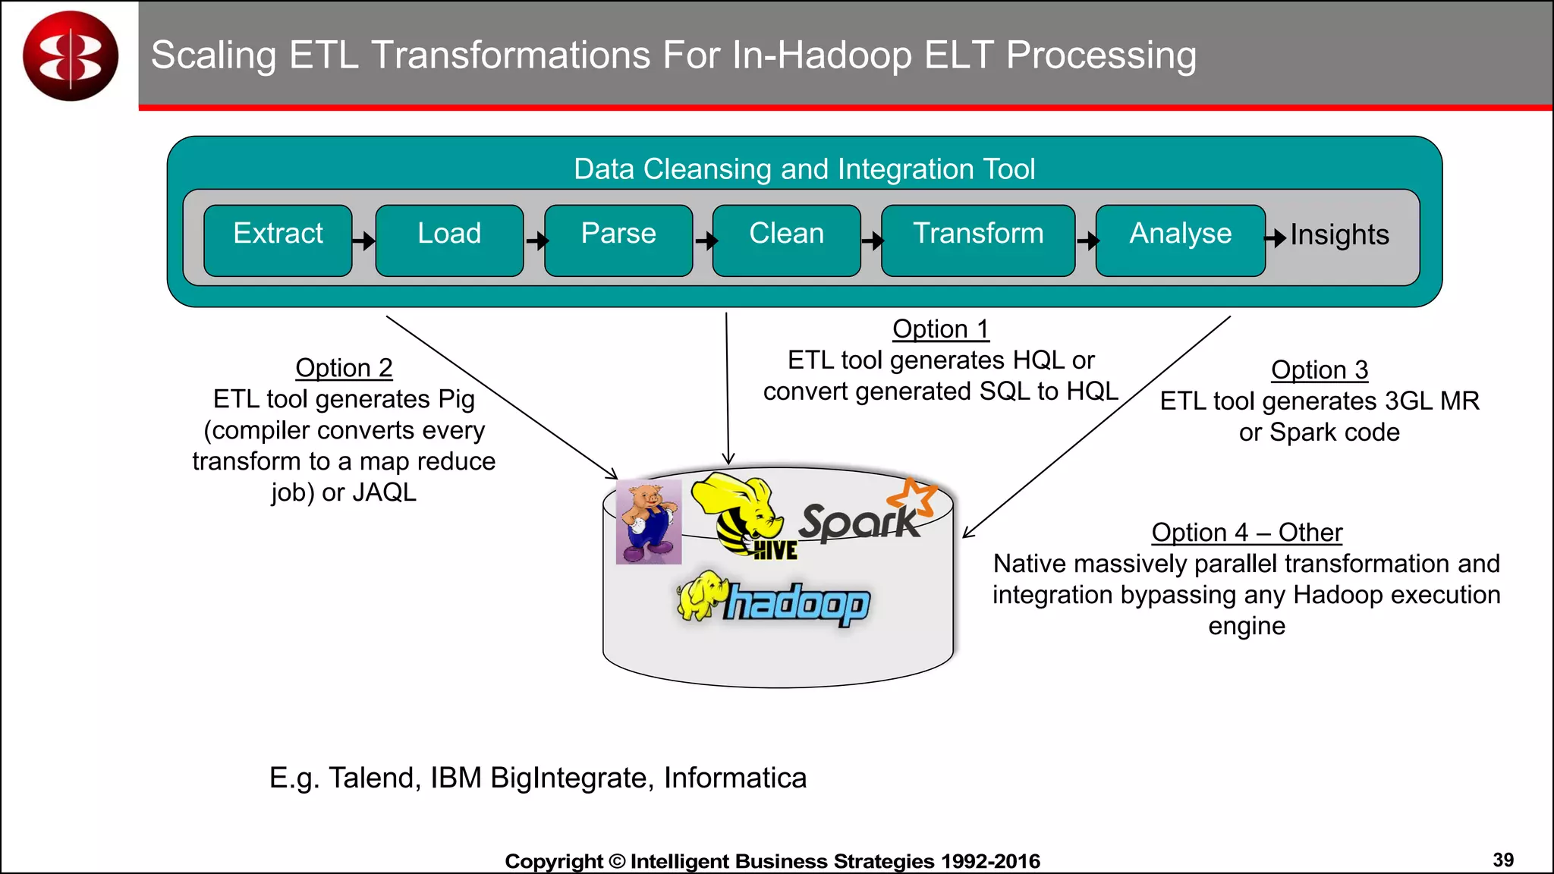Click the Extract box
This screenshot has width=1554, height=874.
pyautogui.click(x=278, y=240)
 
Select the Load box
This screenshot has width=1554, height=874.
pyautogui.click(x=449, y=240)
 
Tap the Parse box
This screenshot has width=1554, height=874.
pyautogui.click(x=618, y=240)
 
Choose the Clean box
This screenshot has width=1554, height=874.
pyautogui.click(x=786, y=240)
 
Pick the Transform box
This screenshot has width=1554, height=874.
pyautogui.click(x=977, y=240)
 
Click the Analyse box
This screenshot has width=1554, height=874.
pyautogui.click(x=1180, y=240)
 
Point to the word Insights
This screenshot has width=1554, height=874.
pyautogui.click(x=1339, y=235)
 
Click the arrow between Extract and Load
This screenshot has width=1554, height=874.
pyautogui.click(x=364, y=241)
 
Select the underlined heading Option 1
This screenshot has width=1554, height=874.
pyautogui.click(x=940, y=329)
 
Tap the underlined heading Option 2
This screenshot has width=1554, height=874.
pyautogui.click(x=344, y=368)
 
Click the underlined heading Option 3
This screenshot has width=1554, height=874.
pyautogui.click(x=1320, y=370)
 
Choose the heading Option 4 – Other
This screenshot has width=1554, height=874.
pyautogui.click(x=1247, y=533)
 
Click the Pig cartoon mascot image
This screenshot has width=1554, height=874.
pyautogui.click(x=649, y=522)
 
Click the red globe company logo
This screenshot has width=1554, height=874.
pyautogui.click(x=71, y=55)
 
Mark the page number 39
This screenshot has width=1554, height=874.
pyautogui.click(x=1502, y=860)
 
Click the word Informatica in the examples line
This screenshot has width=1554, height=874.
pyautogui.click(x=735, y=778)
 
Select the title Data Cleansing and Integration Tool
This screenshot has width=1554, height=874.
pyautogui.click(x=804, y=169)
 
